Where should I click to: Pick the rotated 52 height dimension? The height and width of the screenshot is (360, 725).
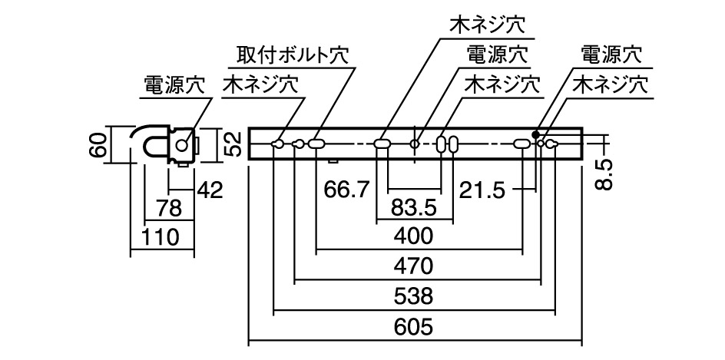(234, 143)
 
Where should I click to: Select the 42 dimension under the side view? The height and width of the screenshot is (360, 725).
(208, 190)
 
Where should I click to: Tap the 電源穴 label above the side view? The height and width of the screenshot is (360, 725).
(174, 85)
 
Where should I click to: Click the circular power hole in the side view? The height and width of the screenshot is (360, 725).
(182, 144)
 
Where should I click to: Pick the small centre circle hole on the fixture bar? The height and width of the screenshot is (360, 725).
(415, 144)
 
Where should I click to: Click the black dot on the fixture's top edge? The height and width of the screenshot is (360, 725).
(535, 133)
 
